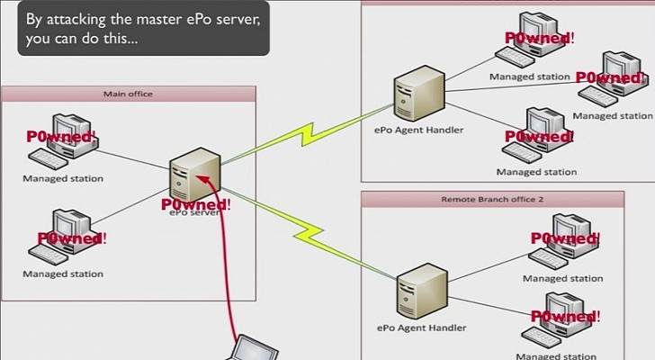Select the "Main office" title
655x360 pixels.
coord(129,94)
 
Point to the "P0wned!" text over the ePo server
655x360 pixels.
coord(197,205)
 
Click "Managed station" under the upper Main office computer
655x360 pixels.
coord(63,178)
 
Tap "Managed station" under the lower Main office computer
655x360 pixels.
coord(63,274)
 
